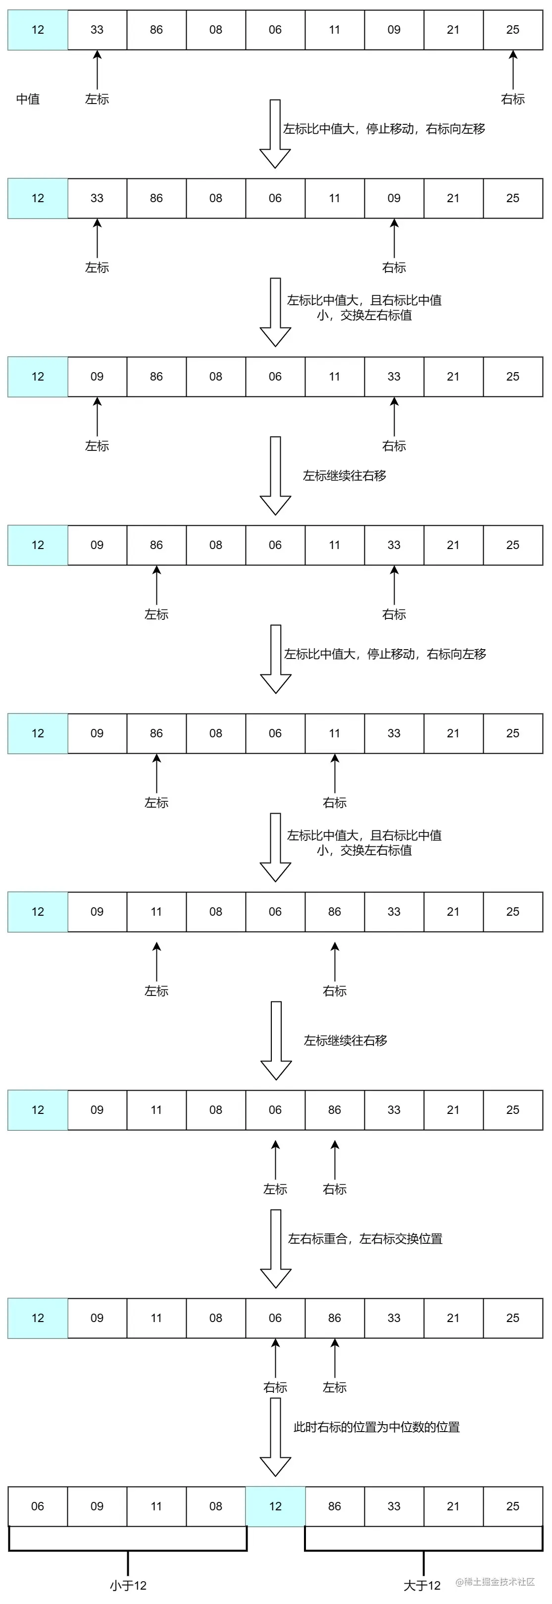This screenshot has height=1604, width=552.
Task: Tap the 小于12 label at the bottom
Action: pos(128,1585)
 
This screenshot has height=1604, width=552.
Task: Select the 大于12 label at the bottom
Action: pos(421,1585)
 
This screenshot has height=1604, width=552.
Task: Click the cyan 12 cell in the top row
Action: pos(37,29)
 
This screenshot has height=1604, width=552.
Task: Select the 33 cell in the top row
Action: pos(97,29)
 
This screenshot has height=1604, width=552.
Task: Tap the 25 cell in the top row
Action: pos(512,29)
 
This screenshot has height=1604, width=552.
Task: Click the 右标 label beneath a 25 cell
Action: pos(512,99)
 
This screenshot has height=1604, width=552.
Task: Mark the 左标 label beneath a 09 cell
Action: pos(97,446)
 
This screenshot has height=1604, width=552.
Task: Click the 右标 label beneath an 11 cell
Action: pos(334,803)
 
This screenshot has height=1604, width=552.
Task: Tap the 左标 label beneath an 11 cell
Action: pos(156,991)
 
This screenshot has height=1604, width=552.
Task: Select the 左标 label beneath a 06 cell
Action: pos(275,1189)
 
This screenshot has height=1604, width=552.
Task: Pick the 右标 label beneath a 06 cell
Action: pos(275,1387)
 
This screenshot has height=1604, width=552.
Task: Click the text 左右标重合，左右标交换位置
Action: pos(365,1238)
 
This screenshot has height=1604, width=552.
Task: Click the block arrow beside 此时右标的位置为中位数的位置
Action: pos(275,1437)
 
